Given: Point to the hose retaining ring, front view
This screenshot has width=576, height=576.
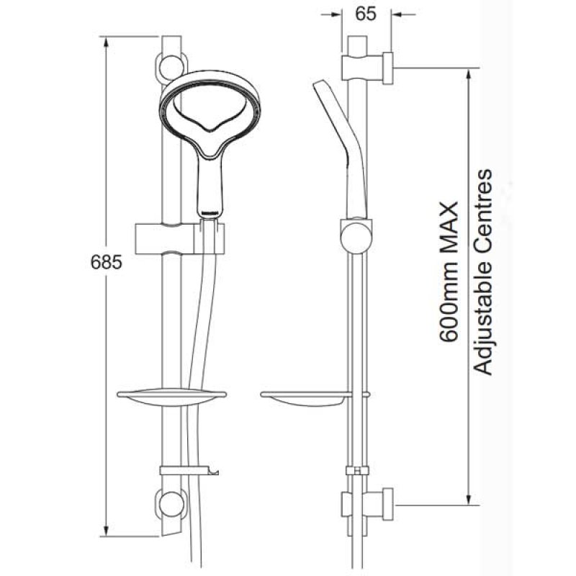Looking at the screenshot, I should (x=189, y=471).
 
